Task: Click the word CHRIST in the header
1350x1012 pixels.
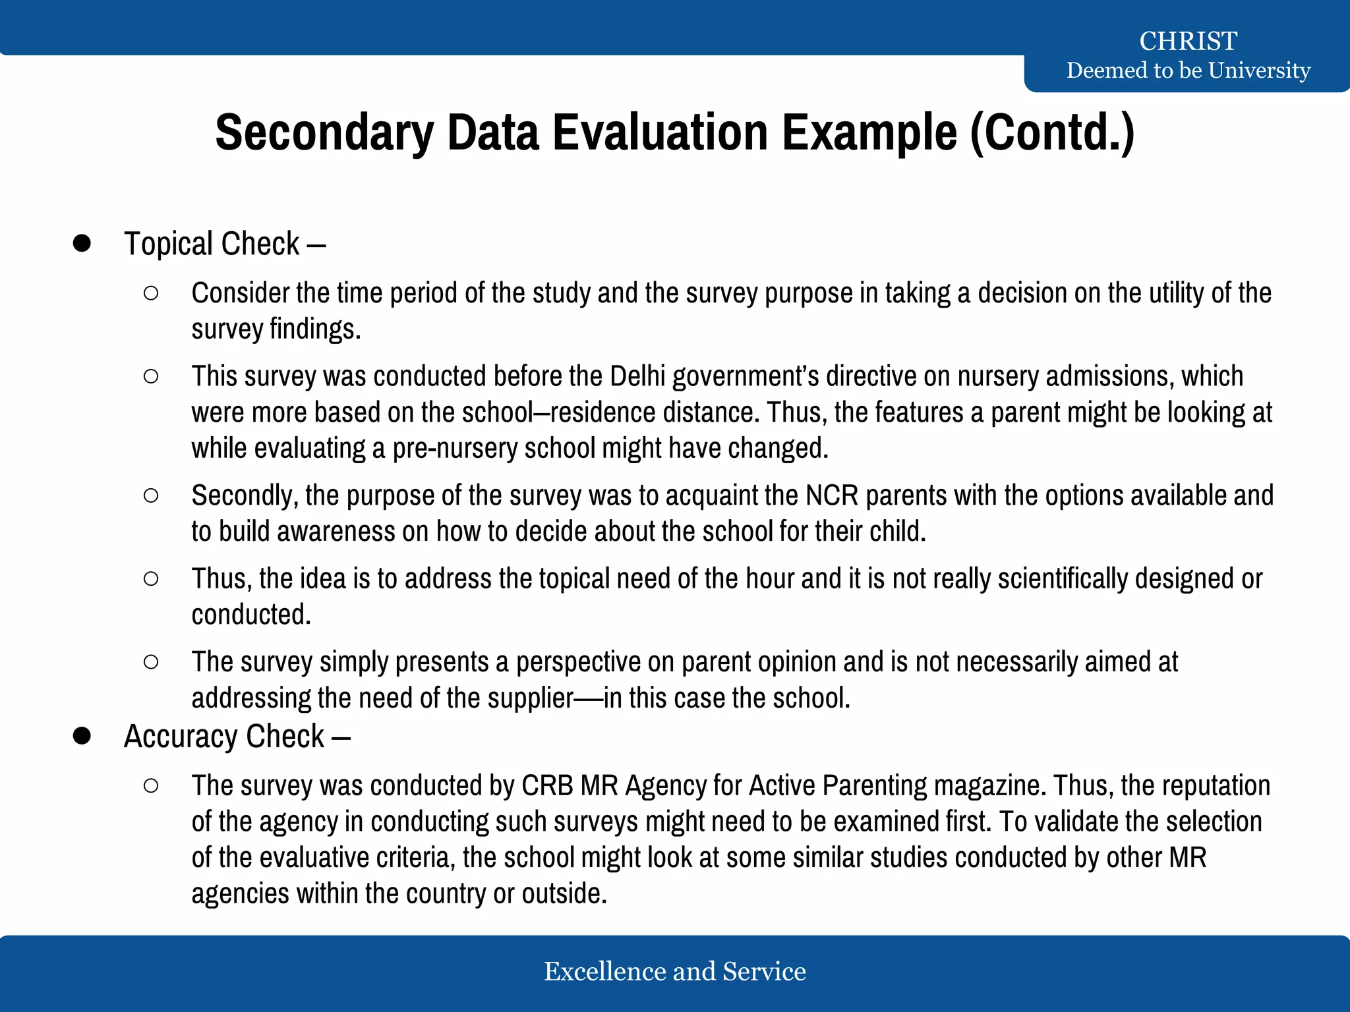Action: point(1188,41)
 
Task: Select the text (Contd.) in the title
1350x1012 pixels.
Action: point(1052,132)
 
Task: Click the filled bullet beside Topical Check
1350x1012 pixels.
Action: point(82,243)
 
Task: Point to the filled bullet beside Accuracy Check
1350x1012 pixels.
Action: point(82,736)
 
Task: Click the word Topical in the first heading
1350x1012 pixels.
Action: point(169,244)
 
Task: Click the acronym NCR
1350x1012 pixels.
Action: point(832,495)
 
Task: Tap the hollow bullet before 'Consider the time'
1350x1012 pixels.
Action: point(151,294)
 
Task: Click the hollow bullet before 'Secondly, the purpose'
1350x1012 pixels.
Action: point(151,495)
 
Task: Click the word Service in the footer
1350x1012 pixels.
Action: point(764,972)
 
